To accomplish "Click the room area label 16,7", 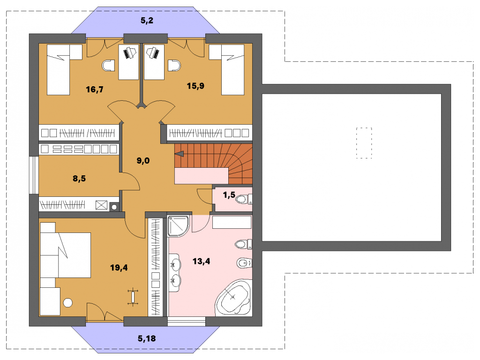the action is coord(95,90).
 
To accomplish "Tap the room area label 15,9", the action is coord(195,86).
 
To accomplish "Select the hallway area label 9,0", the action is coord(143,160).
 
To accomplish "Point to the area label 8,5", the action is coord(79,178).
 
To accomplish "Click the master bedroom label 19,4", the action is coord(119,268).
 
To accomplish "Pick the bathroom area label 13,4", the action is coord(202,261).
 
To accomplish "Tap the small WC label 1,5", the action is coord(229,195).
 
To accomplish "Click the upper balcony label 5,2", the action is coord(147,21).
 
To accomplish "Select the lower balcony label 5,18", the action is coord(147,338).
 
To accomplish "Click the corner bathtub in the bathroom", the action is coord(234,297).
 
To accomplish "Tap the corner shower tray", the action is coord(179,226).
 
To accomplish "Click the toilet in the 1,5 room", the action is coord(244,199).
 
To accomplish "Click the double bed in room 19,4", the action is coord(65,255).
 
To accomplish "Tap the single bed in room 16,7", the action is coord(58,69).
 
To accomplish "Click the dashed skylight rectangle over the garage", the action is coord(364,143).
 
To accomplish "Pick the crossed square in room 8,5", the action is coord(102,205).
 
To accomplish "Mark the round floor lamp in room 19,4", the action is coord(67,303).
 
